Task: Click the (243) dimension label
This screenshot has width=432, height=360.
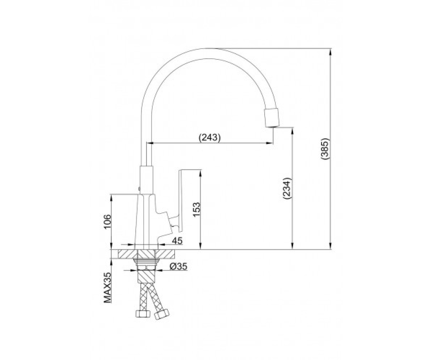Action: [210, 138]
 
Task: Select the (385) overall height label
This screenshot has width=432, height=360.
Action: [325, 149]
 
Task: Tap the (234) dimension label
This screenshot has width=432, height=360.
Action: [287, 188]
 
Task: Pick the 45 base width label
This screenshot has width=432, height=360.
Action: [177, 240]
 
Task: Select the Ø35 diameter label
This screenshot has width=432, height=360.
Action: [178, 267]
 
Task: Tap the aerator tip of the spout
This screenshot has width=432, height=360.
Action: [272, 118]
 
